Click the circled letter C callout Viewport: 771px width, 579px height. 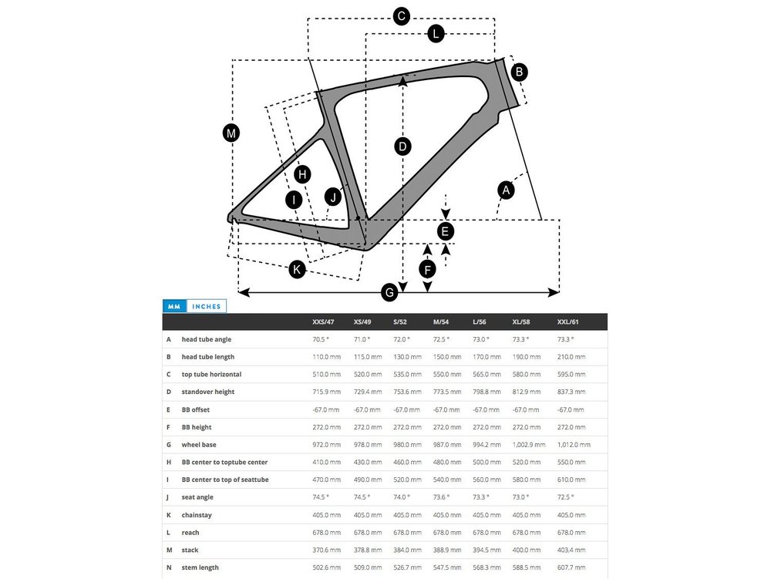pos(401,16)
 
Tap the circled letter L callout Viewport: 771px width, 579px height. pos(436,33)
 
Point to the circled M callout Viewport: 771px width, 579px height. pos(231,133)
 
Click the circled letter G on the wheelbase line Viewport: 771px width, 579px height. pos(390,292)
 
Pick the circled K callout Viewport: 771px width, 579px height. pos(297,269)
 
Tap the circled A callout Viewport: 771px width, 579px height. pos(506,190)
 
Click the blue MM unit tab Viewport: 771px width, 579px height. pos(174,306)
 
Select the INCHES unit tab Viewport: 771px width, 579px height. pos(207,306)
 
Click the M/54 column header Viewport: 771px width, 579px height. pos(441,321)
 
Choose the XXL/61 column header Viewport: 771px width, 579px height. pos(569,321)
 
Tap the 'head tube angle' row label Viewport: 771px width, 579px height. pos(206,339)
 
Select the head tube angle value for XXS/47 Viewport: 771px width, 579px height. pos(321,339)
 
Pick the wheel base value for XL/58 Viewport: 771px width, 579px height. pos(529,445)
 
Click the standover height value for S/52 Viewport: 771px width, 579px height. pos(407,392)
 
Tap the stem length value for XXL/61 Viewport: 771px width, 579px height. pos(571,567)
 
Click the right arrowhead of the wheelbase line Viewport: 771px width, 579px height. pos(555,292)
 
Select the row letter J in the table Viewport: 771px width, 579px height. pos(168,497)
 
